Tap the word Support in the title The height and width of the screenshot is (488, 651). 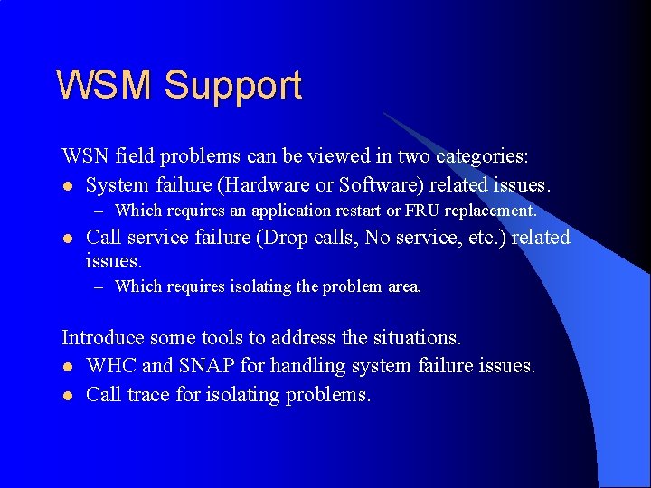coord(232,87)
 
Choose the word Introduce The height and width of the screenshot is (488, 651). coord(102,338)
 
